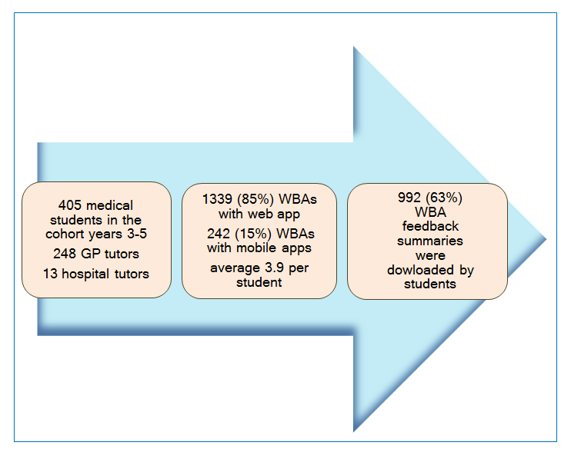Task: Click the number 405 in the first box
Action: (69, 205)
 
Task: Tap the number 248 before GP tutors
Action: (65, 254)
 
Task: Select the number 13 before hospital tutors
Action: (50, 274)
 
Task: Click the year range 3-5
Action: (137, 234)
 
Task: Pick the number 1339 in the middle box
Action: (217, 199)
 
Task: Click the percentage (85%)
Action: (255, 199)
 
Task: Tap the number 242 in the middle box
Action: (219, 234)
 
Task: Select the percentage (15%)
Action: (253, 234)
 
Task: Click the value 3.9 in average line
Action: (274, 268)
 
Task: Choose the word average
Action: (235, 269)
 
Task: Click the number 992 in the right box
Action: (409, 198)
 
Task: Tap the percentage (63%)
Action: (444, 198)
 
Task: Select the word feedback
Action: (430, 226)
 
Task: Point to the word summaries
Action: (430, 241)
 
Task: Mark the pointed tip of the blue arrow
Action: (546, 239)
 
